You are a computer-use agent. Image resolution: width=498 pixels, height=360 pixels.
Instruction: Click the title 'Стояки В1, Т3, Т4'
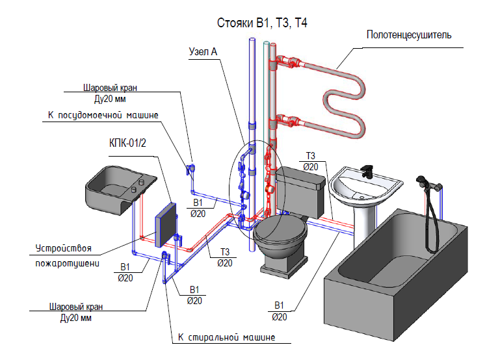(x=262, y=23)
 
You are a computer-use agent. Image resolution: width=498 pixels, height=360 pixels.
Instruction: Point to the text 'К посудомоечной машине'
(x=103, y=116)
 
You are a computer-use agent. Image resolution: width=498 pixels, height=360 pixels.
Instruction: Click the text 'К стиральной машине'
(x=226, y=337)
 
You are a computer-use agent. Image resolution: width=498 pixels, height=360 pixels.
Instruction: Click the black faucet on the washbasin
(x=367, y=171)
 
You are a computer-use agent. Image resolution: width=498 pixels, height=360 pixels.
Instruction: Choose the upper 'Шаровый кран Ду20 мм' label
(x=111, y=94)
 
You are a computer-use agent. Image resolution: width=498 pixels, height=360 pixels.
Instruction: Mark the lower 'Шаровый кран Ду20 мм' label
(x=76, y=313)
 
